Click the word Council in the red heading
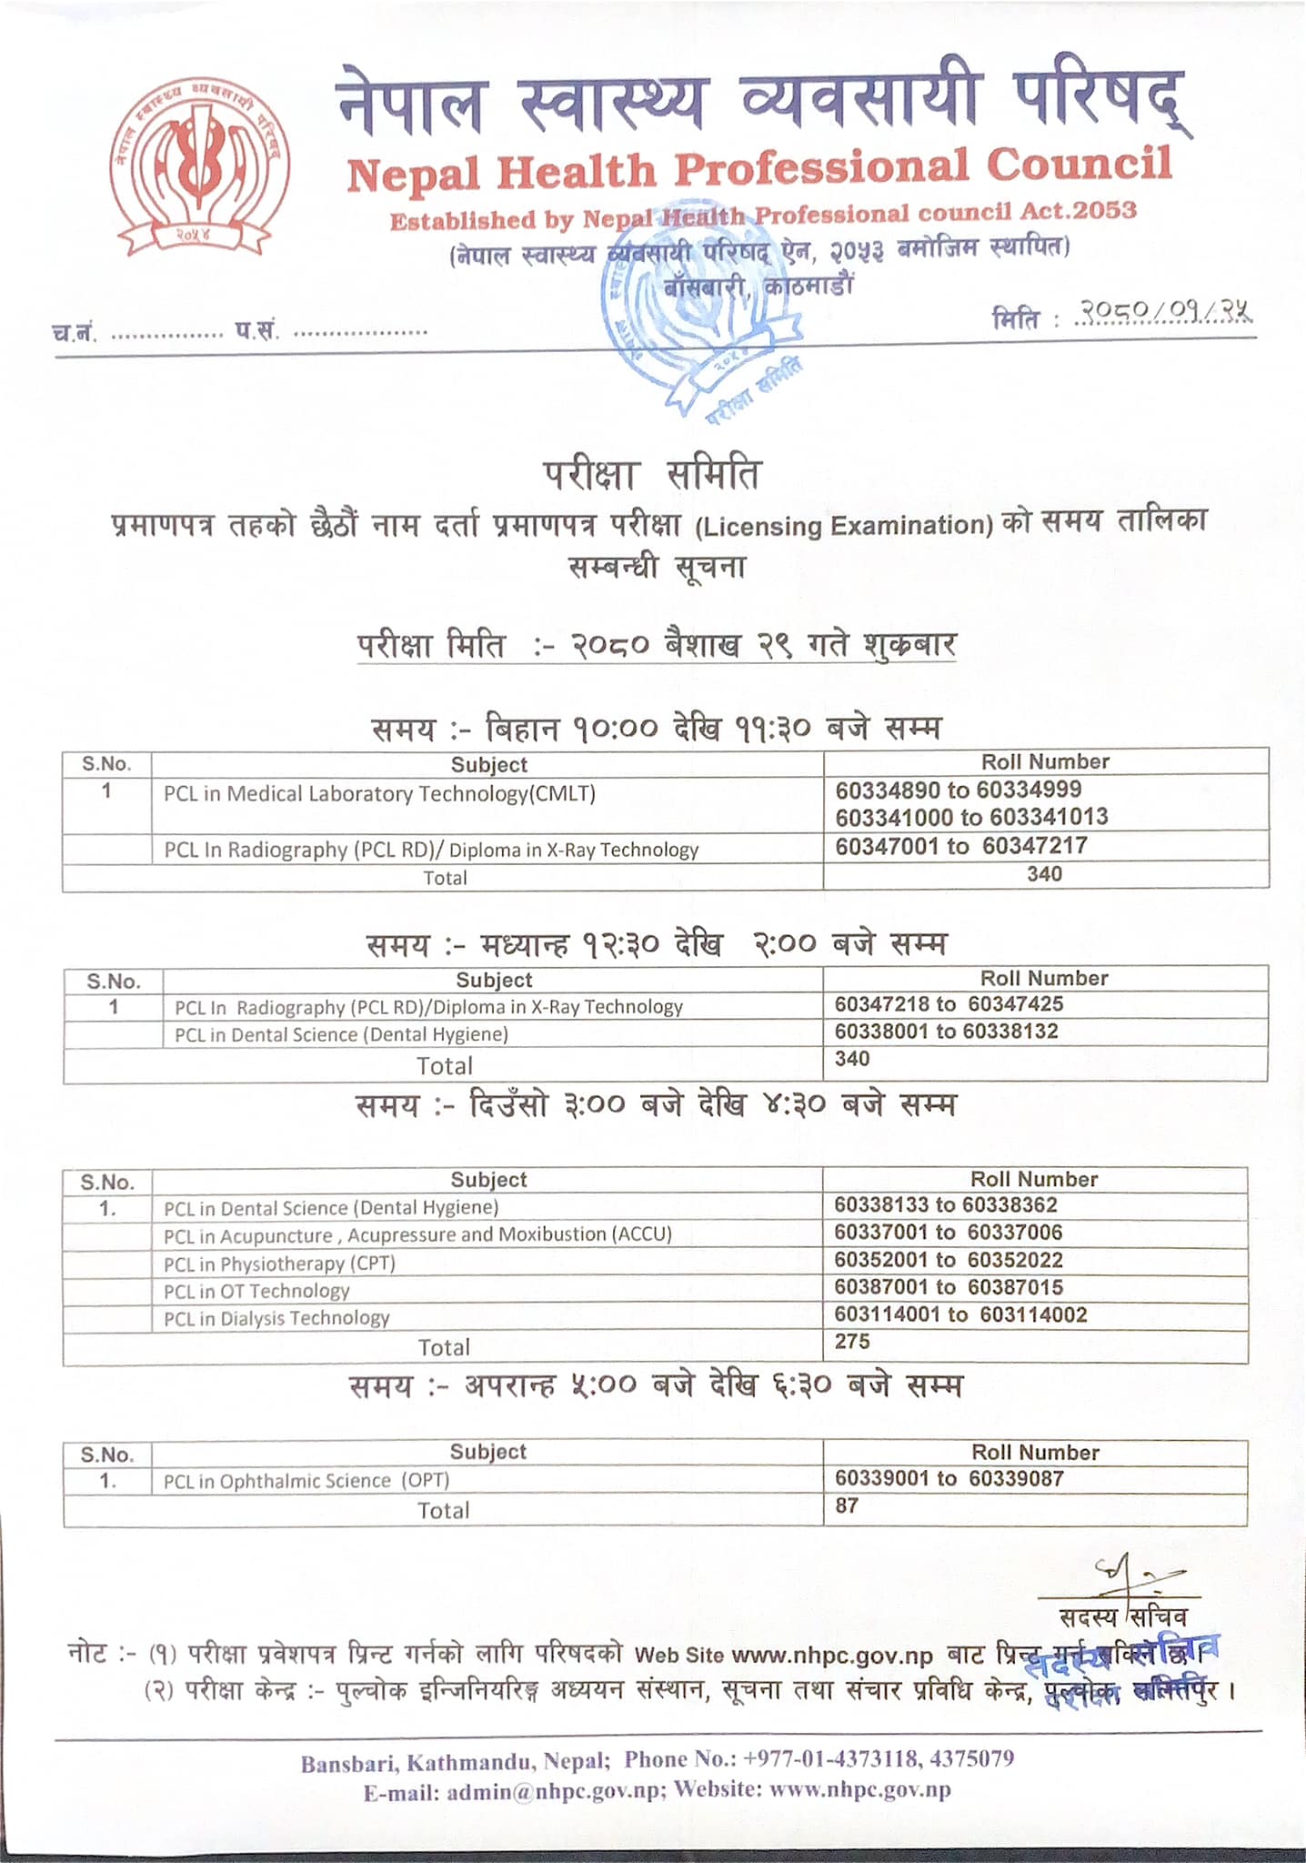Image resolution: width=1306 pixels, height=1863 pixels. (1079, 165)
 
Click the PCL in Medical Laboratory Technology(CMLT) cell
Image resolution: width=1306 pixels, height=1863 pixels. (379, 794)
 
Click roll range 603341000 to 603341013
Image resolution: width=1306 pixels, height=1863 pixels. (971, 817)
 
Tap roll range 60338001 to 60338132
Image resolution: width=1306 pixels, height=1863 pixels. (946, 1032)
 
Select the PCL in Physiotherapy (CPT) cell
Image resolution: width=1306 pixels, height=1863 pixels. (279, 1264)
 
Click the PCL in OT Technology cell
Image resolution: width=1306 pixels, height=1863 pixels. (256, 1291)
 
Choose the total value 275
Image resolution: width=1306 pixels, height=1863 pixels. (852, 1342)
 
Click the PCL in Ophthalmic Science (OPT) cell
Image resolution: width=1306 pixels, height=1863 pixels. (306, 1481)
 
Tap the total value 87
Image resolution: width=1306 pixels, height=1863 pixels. (847, 1506)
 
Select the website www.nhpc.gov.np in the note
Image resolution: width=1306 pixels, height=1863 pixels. (831, 1655)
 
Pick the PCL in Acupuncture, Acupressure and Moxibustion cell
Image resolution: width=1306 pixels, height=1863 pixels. (417, 1235)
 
